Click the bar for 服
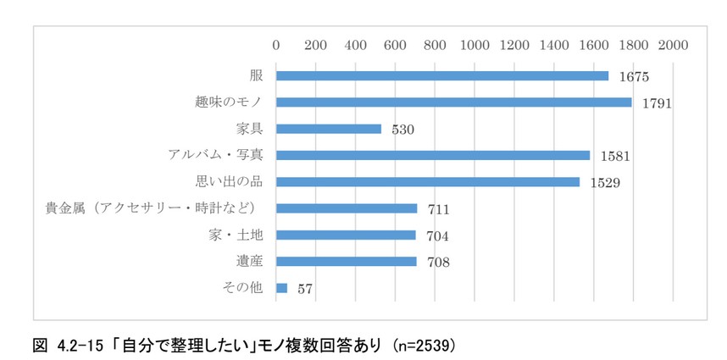pos(442,76)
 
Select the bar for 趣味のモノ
pos(454,102)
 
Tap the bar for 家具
pos(329,130)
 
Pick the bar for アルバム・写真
pos(433,156)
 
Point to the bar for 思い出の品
pos(428,182)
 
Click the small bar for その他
pos(282,288)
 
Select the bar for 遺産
pos(347,262)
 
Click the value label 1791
pos(657,103)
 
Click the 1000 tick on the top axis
pos(474,44)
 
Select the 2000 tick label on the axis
pos(673,44)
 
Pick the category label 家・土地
pos(241,235)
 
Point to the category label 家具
pos(251,130)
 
